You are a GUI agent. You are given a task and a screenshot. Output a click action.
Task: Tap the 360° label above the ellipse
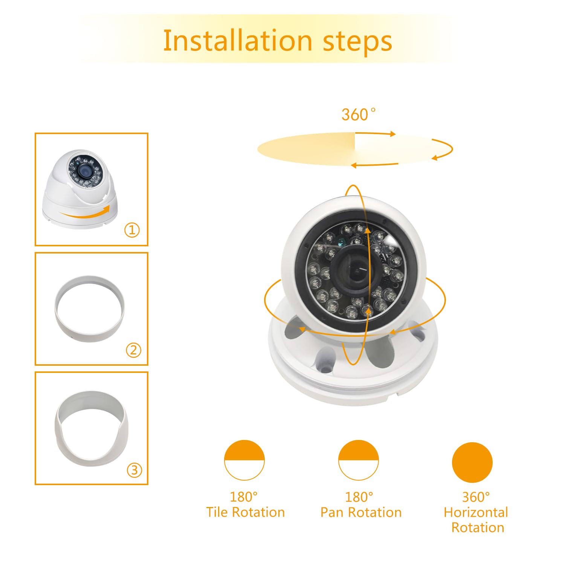click(x=358, y=115)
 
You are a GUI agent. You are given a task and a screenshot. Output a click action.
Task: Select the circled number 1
click(x=132, y=230)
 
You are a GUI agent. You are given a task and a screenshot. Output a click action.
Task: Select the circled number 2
click(x=133, y=350)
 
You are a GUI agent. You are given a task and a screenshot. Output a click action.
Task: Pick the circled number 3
click(x=134, y=470)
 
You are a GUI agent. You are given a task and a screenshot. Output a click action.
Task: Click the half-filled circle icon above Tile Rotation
click(x=244, y=460)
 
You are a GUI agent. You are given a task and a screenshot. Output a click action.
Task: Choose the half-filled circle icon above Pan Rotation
click(x=359, y=460)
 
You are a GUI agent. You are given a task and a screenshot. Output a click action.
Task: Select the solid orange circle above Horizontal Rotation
click(x=472, y=462)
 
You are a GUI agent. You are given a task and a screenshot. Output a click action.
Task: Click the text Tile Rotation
click(x=245, y=512)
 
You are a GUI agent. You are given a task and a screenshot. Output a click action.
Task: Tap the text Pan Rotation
click(x=361, y=512)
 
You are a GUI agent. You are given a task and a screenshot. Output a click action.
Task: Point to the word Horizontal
click(x=476, y=512)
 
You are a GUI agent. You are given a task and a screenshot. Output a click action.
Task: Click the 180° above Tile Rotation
click(x=244, y=497)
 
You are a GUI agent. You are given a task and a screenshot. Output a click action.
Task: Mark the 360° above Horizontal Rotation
click(x=476, y=497)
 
